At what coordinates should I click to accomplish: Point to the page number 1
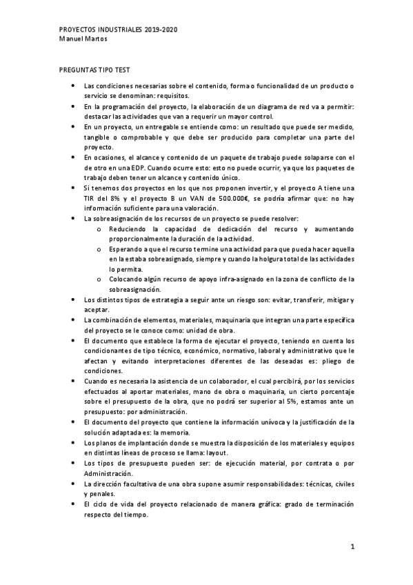tap(352, 548)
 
